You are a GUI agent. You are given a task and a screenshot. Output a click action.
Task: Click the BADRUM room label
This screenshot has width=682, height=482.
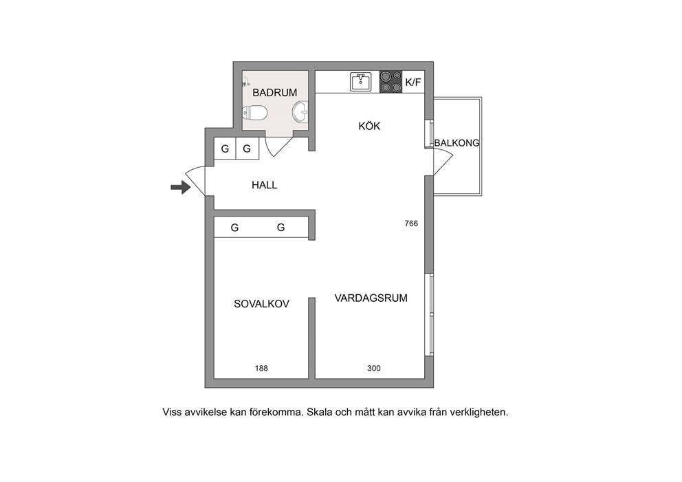[274, 93]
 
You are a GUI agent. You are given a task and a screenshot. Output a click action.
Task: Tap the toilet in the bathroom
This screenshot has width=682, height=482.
[255, 113]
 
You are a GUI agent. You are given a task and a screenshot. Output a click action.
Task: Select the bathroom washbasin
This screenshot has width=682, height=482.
[300, 112]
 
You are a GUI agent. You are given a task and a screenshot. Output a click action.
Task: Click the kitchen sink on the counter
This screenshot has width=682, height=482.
[360, 82]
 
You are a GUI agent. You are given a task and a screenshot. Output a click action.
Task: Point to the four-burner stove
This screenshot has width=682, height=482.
[390, 82]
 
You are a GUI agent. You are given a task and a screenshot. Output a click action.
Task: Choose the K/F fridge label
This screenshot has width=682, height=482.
[413, 83]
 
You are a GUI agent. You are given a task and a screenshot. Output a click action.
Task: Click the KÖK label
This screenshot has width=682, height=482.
[369, 126]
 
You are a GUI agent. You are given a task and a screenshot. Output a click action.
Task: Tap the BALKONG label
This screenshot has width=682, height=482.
[456, 143]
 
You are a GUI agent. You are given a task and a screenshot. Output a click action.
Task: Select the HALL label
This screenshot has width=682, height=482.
[265, 186]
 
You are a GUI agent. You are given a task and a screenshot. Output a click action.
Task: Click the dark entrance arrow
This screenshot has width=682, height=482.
[181, 188]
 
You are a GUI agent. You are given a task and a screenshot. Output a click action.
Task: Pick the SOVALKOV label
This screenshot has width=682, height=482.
[261, 304]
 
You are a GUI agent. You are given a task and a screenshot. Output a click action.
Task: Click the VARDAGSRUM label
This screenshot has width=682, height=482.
[371, 298]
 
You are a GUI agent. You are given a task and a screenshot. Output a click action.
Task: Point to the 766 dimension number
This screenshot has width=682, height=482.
[411, 223]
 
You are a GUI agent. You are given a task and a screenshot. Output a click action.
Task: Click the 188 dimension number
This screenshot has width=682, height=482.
[261, 369]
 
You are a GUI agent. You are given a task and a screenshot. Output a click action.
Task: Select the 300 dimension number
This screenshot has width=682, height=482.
[373, 369]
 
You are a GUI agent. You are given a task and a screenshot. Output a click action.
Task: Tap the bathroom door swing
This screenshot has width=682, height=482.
[278, 147]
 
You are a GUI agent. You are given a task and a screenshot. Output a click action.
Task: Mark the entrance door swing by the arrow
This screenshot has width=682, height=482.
[195, 181]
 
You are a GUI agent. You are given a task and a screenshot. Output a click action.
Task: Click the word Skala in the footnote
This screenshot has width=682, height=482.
[318, 412]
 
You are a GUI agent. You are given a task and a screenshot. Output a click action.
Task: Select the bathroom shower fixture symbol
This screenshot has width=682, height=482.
[246, 81]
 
